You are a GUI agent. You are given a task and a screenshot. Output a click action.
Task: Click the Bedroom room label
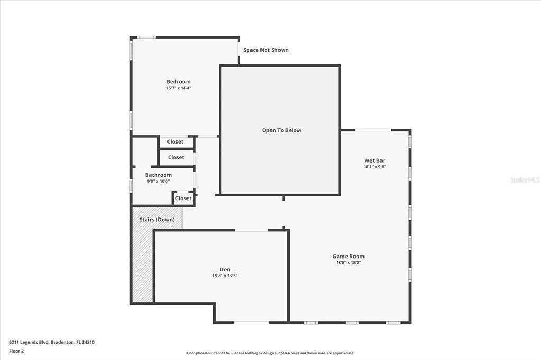point(179,82)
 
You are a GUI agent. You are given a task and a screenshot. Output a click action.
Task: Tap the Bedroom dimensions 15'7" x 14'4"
point(179,88)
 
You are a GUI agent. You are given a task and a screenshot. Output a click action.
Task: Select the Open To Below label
point(282,130)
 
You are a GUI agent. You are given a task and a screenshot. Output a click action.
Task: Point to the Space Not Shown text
point(266,50)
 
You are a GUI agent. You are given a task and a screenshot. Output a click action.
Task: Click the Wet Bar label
point(375,160)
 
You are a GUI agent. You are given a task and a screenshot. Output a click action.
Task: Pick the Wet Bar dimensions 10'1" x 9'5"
point(375,167)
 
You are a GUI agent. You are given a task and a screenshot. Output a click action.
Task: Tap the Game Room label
point(349,256)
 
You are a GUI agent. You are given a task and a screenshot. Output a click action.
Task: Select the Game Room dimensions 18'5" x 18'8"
point(349,262)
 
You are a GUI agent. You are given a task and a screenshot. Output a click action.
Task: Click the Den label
point(225,269)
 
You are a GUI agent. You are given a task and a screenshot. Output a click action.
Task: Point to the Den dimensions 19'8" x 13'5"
point(225,276)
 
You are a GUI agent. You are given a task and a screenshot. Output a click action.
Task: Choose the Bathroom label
point(158,175)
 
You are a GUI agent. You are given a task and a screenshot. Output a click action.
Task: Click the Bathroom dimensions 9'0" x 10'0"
point(158,181)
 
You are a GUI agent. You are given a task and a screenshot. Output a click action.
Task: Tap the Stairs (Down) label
point(157,219)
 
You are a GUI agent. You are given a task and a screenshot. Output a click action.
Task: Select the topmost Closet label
point(175,141)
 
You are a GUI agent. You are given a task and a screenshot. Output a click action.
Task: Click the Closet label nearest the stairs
point(183,198)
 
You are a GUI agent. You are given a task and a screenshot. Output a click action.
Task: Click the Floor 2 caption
point(16,352)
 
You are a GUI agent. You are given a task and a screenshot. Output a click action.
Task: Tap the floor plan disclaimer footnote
point(270,353)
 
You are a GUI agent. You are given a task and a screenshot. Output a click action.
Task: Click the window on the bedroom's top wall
point(146,37)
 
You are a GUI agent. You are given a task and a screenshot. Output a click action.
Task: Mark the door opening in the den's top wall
point(251,230)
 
